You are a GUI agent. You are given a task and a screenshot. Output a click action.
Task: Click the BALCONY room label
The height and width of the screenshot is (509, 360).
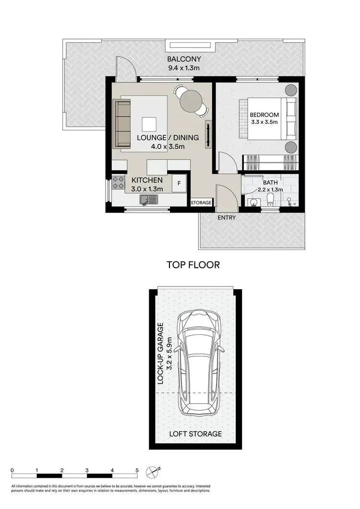pos(184,59)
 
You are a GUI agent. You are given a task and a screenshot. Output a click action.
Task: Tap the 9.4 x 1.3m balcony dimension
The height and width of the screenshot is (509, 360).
pos(184,68)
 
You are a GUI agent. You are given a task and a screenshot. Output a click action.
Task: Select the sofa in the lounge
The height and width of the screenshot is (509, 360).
pos(122,124)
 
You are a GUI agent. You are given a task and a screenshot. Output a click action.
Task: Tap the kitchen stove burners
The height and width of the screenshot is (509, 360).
pos(118,183)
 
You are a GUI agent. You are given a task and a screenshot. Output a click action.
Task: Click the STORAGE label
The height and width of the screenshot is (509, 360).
pos(201,203)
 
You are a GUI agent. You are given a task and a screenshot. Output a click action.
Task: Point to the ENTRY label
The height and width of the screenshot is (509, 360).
pos(227,218)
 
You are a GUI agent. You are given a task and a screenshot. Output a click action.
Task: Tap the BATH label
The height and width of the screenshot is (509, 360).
pos(270,183)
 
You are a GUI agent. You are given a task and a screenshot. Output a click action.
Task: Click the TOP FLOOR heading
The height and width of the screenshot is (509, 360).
pos(193,265)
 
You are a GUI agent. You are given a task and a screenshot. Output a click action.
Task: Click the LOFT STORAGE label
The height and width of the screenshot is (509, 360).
pos(196,434)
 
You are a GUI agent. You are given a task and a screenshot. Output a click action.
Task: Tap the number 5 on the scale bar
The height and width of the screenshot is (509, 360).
pos(137,471)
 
